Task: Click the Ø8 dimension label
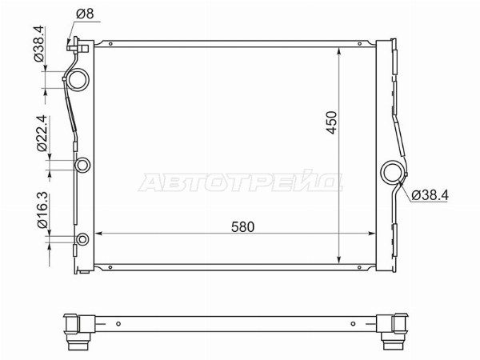(x=85, y=14)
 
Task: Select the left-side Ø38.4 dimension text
(x=39, y=44)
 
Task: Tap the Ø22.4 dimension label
(x=42, y=133)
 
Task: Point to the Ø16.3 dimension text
(x=42, y=210)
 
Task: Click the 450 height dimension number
(x=331, y=122)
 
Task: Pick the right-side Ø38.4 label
(x=430, y=195)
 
